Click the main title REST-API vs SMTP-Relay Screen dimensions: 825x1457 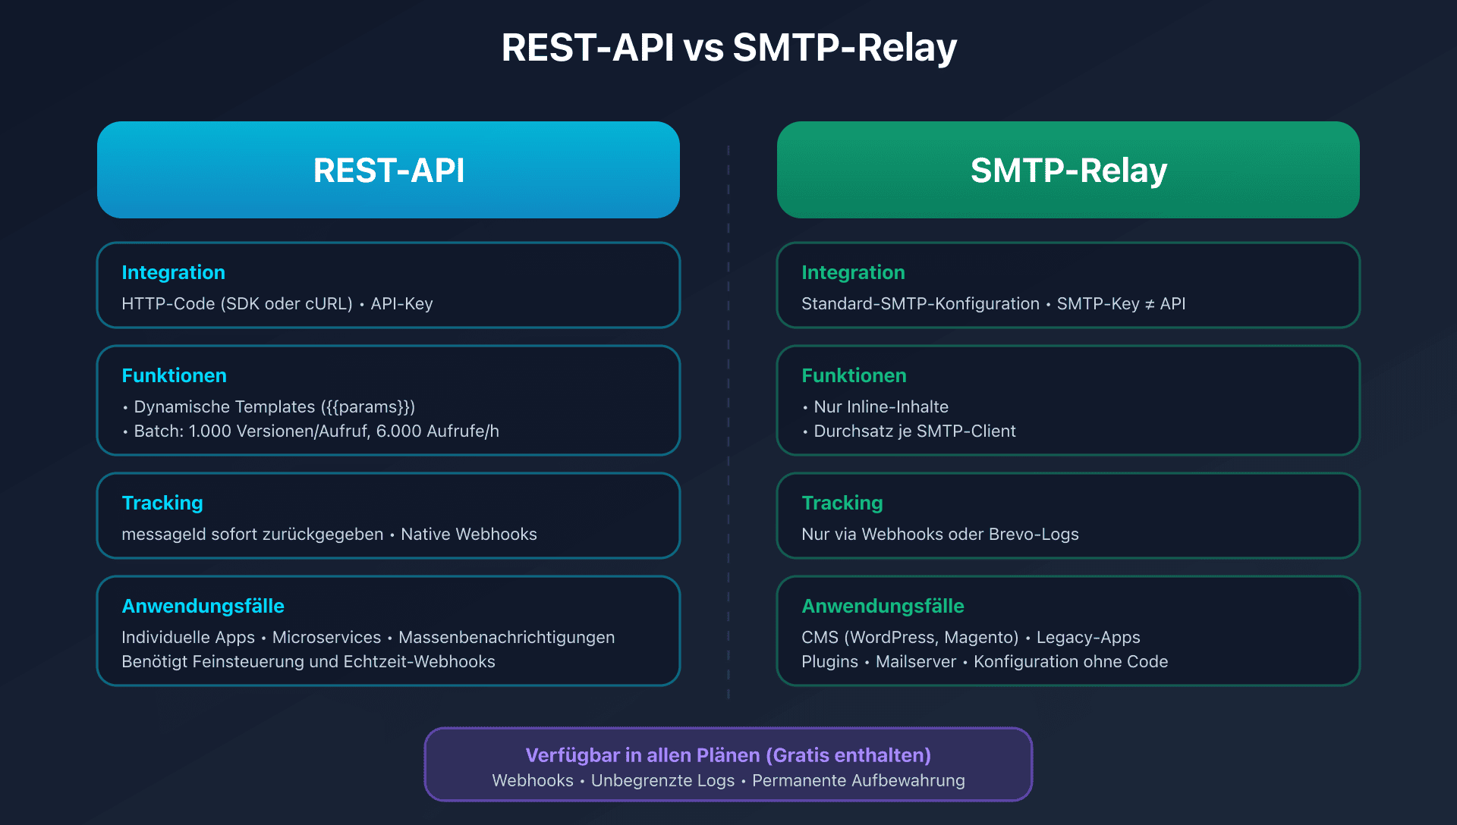728,47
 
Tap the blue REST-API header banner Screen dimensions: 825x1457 389,170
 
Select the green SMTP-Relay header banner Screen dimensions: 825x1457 1068,170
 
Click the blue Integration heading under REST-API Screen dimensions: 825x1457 173,272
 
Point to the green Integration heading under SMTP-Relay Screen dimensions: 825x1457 853,272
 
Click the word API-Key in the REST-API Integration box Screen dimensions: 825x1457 401,304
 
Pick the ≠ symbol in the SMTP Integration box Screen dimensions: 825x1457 1150,304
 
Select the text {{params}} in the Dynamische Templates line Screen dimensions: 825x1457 368,407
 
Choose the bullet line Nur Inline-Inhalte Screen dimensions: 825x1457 880,407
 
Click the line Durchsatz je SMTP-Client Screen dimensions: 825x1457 914,431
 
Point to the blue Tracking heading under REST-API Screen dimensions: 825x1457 162,503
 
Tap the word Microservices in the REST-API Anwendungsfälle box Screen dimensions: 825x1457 326,638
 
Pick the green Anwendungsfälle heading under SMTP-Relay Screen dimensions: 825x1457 883,606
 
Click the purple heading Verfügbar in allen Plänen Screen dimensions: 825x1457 728,755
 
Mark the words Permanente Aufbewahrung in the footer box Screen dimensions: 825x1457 858,781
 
